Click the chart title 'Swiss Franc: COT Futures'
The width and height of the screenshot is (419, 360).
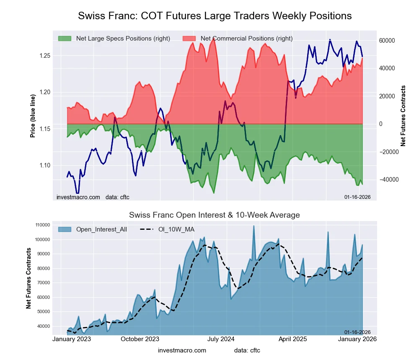pos(215,16)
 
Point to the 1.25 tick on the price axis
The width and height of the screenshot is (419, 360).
pos(44,56)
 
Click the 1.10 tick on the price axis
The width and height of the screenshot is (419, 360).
pos(44,165)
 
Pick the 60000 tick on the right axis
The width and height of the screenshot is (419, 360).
pos(387,41)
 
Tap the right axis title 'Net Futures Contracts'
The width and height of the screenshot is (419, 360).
pos(403,116)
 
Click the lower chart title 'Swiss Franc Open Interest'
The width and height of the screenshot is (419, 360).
pos(214,215)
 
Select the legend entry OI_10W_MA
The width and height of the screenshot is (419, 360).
pos(176,229)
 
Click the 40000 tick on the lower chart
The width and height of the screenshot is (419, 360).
pos(43,326)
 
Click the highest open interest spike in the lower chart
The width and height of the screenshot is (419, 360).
pos(253,226)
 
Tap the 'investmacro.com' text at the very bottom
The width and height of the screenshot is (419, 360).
pos(182,350)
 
